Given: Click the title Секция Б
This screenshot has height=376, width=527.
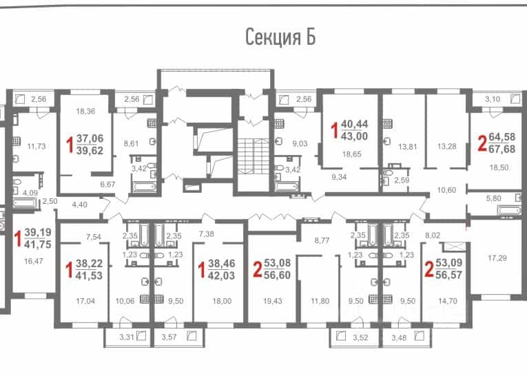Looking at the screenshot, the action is click(x=280, y=37).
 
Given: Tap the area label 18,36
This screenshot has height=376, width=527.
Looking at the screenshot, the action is click(x=85, y=112).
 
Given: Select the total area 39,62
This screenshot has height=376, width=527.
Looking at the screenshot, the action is click(x=90, y=151).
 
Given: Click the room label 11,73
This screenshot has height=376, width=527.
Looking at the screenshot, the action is click(x=37, y=146).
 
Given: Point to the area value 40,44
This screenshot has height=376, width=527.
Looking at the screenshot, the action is click(x=355, y=124).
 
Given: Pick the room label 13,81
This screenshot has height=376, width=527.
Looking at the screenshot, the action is click(x=407, y=147).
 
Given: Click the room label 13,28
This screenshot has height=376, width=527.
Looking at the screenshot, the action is click(x=447, y=146).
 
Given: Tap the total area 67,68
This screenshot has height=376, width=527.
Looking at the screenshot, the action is click(x=502, y=149).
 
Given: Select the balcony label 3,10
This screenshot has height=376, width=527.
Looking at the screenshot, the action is click(x=493, y=99).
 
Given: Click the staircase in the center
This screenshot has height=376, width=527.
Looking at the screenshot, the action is click(x=254, y=156).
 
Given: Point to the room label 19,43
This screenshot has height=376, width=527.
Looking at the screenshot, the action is click(x=273, y=301).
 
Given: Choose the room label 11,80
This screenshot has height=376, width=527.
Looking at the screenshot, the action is click(x=320, y=301).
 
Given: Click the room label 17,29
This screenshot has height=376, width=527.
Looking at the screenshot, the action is click(x=497, y=258).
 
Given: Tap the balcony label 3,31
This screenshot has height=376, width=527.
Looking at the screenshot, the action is click(x=127, y=337).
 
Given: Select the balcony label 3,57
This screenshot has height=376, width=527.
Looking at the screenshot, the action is click(x=169, y=337).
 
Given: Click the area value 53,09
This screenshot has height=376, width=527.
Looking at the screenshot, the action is click(x=449, y=262).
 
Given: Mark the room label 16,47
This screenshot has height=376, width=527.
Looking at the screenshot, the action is click(x=34, y=261).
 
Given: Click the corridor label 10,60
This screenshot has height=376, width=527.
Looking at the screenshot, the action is click(x=446, y=190).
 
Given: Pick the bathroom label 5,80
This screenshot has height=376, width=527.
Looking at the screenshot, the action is click(x=493, y=198).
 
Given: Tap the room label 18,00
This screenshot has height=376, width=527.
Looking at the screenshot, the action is click(x=222, y=301).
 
